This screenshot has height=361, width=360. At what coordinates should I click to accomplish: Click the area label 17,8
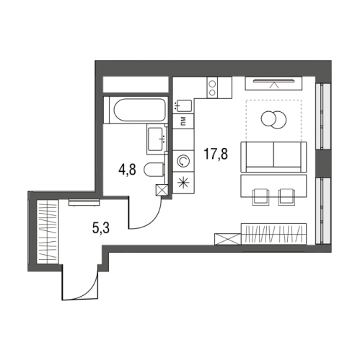[216, 154]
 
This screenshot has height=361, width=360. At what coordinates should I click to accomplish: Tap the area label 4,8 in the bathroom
[127, 169]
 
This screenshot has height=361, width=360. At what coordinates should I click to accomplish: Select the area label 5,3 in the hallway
[101, 228]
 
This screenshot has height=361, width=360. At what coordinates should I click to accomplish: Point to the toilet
[154, 170]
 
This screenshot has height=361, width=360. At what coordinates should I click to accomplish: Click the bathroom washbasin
[156, 139]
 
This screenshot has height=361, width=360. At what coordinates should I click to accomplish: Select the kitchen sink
[183, 105]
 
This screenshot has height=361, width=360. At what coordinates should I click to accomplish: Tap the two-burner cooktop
[212, 87]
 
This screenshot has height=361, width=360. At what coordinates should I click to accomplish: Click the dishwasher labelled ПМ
[183, 121]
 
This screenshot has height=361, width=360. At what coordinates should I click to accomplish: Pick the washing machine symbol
[183, 161]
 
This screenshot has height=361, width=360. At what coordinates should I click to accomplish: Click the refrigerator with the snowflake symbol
[183, 183]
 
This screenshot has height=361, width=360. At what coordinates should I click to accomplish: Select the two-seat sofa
[273, 157]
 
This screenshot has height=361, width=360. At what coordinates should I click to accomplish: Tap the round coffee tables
[274, 119]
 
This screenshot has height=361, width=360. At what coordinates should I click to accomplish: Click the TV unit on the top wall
[273, 84]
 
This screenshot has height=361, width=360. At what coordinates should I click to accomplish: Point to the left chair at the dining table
[260, 197]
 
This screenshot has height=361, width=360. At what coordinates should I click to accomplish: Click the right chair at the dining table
[286, 197]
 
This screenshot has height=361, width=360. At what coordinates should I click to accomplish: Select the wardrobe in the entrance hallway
[48, 232]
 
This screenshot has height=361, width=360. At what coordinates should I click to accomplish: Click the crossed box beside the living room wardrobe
[227, 239]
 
